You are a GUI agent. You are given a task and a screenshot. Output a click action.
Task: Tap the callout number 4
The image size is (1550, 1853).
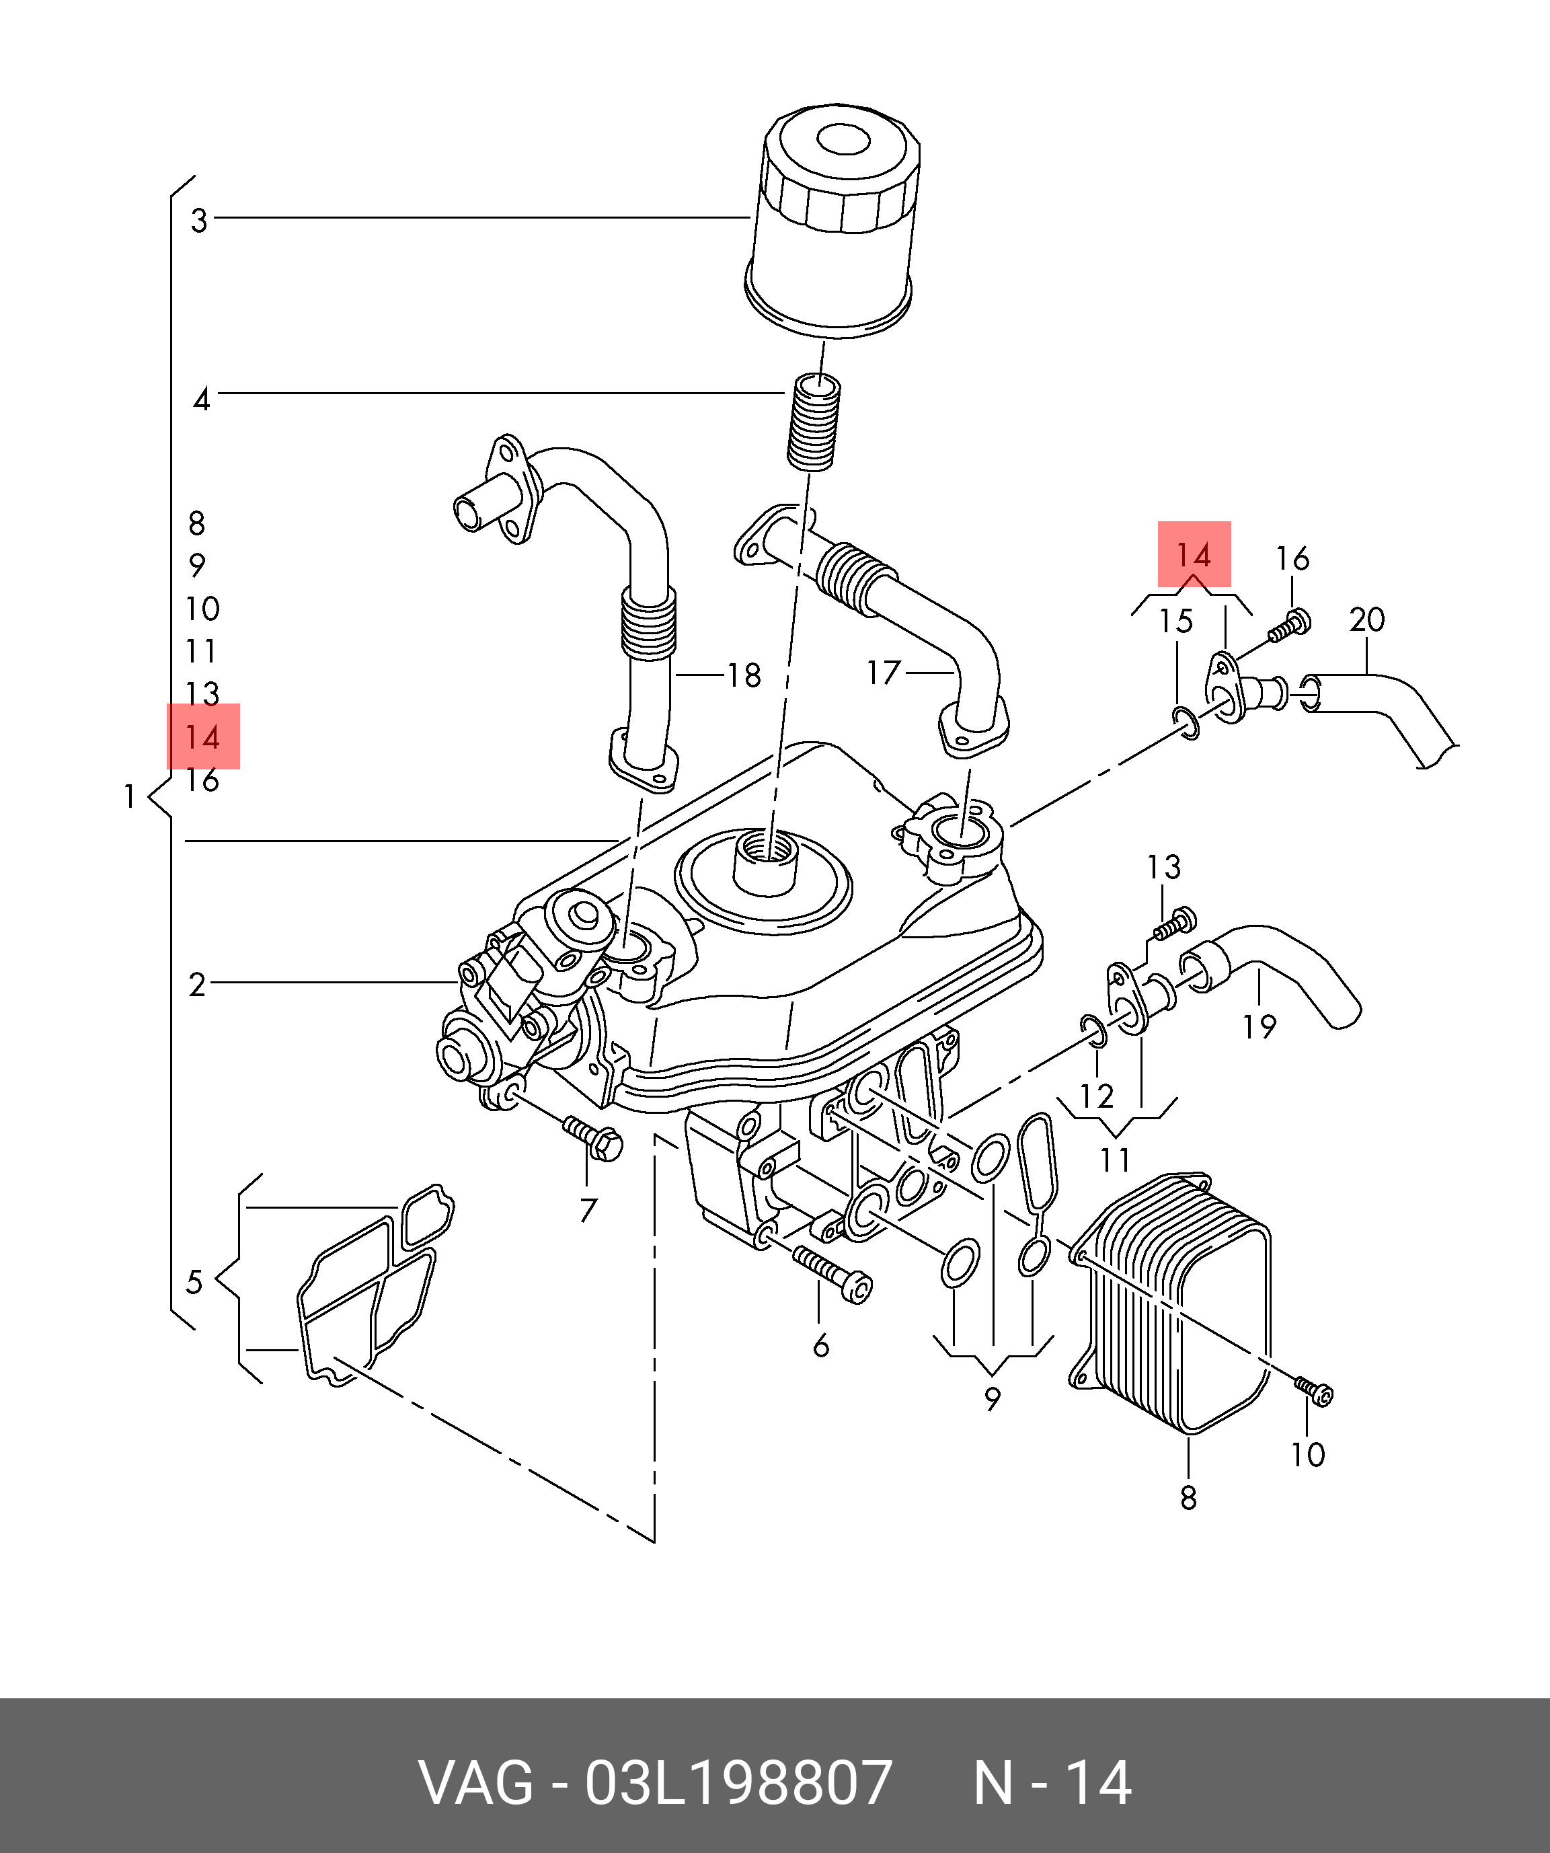(x=202, y=400)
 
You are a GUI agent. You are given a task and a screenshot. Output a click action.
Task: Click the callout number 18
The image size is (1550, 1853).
(x=744, y=676)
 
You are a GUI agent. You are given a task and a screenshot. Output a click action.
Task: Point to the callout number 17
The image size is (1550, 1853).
(x=882, y=673)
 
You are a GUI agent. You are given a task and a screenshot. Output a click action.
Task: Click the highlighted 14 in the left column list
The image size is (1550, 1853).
(x=203, y=736)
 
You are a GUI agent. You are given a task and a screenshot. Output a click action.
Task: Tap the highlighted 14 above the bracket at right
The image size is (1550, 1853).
(x=1194, y=555)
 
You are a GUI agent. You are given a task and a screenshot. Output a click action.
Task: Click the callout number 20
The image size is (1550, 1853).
(x=1366, y=620)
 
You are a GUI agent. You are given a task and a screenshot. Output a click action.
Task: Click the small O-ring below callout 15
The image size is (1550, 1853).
(x=1186, y=722)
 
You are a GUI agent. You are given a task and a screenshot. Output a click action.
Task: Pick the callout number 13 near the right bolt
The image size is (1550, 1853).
(x=1163, y=868)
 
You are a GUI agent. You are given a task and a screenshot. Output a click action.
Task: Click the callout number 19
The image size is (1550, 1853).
(x=1260, y=1026)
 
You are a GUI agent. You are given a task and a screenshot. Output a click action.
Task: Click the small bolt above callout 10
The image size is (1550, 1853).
(x=1315, y=1392)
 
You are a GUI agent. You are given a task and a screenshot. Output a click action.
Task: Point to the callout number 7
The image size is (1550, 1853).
(x=588, y=1211)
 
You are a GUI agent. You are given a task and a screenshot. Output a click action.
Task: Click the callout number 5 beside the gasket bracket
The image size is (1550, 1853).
(x=195, y=1281)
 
